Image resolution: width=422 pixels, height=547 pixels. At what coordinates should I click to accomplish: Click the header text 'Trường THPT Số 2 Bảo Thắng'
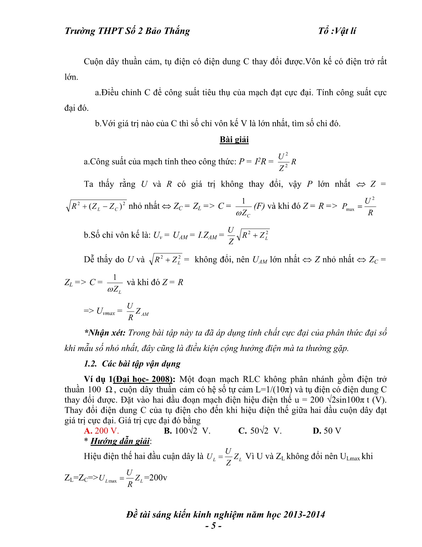pos(127,31)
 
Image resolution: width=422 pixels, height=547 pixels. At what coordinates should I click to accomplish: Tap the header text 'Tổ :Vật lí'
pos(337,31)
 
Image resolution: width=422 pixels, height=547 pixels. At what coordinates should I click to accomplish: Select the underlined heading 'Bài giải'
pos(234,140)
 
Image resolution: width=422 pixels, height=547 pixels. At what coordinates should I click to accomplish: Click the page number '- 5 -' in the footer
pos(213,526)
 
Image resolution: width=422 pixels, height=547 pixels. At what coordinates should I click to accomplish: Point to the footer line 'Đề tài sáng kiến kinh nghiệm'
pos(226,515)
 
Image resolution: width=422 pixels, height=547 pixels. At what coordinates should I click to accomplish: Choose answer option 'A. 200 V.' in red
pos(101,431)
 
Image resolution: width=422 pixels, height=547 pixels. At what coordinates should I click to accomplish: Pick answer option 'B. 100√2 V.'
pos(187,431)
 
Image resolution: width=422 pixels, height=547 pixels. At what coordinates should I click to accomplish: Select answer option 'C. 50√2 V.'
pos(260,431)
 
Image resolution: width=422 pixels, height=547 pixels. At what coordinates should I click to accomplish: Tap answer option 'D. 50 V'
pos(327,431)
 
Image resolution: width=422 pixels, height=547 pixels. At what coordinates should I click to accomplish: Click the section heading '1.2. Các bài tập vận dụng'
pos(132,364)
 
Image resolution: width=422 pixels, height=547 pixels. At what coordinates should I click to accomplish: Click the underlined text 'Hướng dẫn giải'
pos(120,441)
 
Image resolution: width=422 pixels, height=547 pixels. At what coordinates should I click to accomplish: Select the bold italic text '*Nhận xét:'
pos(105,333)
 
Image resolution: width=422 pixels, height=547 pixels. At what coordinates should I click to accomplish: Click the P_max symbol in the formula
pos(348,207)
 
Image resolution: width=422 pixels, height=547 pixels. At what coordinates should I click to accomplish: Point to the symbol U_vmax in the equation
pos(106,312)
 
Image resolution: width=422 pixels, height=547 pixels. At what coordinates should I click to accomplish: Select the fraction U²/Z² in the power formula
pos(283,162)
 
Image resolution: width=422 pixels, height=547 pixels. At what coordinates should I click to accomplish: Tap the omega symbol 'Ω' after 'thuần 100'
pos(109,390)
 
